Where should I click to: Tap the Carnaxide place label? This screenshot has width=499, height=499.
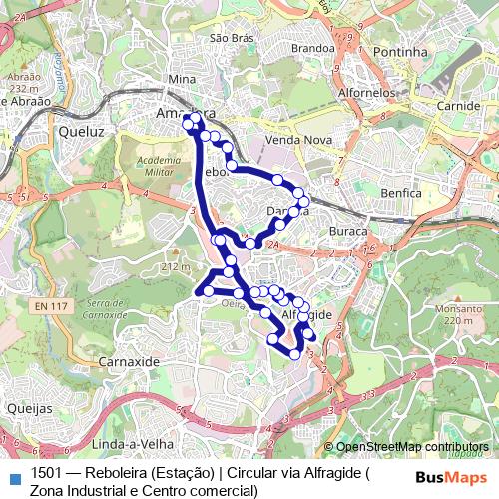click(130, 360)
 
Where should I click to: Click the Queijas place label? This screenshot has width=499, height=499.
click(29, 409)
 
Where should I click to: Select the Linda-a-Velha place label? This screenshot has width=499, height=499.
click(133, 443)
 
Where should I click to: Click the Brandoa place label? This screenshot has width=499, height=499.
click(312, 48)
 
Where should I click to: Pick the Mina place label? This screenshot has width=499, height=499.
click(183, 79)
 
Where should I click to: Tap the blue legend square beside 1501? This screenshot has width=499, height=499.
click(14, 474)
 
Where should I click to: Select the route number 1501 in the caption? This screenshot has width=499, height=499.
click(47, 473)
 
